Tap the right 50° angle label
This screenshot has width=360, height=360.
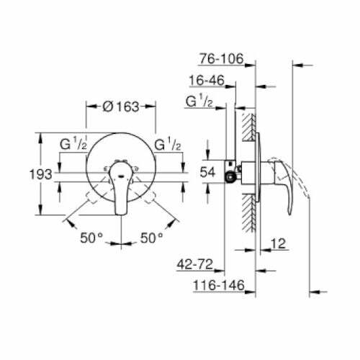click(152, 236)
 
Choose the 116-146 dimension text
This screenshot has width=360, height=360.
click(216, 287)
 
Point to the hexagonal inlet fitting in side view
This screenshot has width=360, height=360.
click(231, 174)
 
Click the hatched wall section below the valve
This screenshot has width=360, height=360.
click(248, 212)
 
